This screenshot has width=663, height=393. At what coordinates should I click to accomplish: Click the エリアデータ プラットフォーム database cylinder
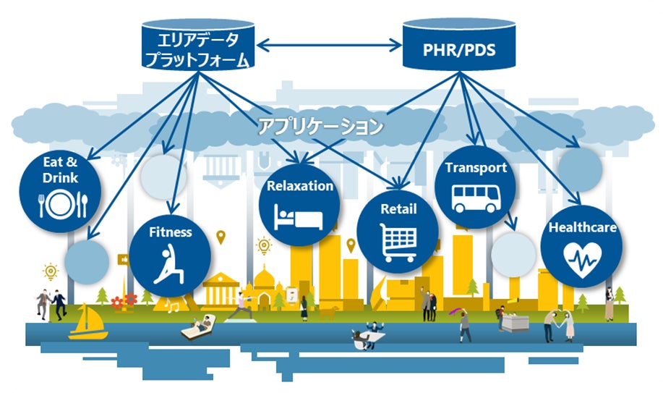coord(197,46)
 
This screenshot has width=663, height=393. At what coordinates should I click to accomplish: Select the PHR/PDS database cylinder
coord(460,47)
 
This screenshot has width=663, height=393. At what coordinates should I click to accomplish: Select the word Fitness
coord(171,232)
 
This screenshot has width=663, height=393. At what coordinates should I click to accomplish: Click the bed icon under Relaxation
coord(299,214)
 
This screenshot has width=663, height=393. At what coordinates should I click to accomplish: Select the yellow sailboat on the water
coord(88,324)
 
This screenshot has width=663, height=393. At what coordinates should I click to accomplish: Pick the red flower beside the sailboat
coord(130,298)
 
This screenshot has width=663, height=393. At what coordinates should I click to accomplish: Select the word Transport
coord(476,168)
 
